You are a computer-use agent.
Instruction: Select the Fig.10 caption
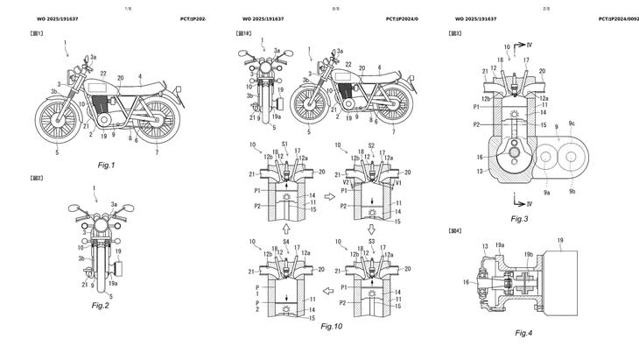(x=334, y=326)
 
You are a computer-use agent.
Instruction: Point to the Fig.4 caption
(x=523, y=333)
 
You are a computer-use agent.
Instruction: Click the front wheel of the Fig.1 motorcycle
(x=53, y=120)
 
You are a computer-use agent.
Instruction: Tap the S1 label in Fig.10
(x=284, y=144)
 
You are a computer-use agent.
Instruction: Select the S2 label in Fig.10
(x=371, y=145)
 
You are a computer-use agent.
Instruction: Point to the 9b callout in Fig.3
(x=572, y=191)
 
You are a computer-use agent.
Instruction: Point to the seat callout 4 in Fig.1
(x=140, y=76)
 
